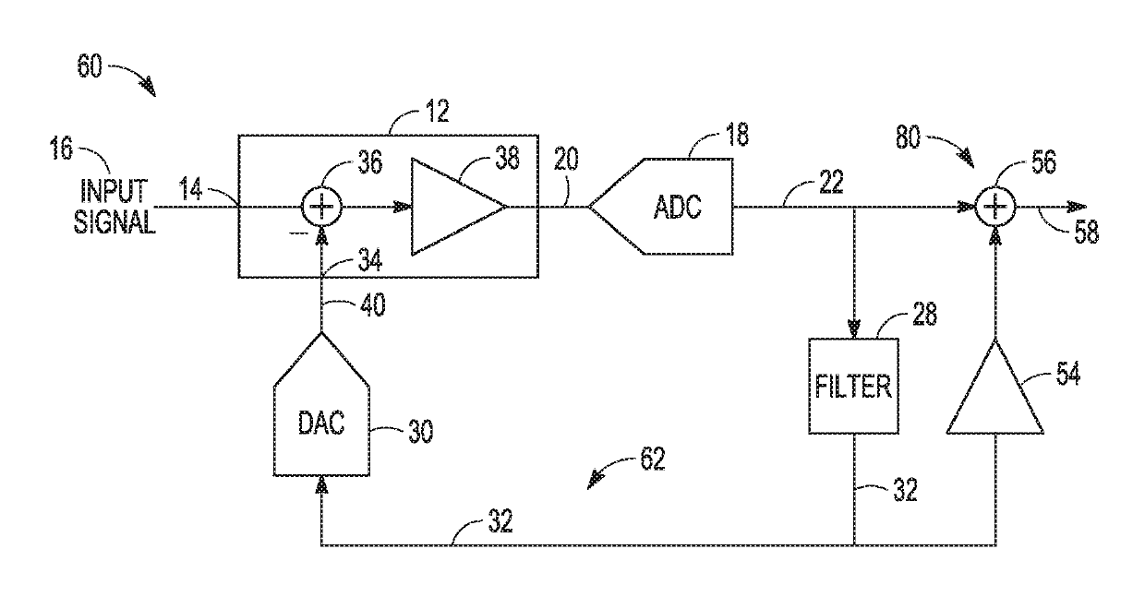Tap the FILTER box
[x=853, y=386]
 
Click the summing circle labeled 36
[x=321, y=207]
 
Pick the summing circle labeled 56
[x=994, y=207]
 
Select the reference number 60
[x=90, y=66]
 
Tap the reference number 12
[x=437, y=111]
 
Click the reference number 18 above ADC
[x=737, y=135]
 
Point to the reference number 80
[x=908, y=137]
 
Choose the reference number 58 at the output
[x=1086, y=233]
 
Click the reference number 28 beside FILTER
[x=924, y=314]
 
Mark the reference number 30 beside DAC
[x=421, y=432]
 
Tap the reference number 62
[x=653, y=459]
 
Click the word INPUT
[x=114, y=191]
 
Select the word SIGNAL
[x=114, y=222]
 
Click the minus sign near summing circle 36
[x=298, y=233]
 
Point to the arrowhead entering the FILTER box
[x=853, y=328]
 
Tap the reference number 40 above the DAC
[x=373, y=305]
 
